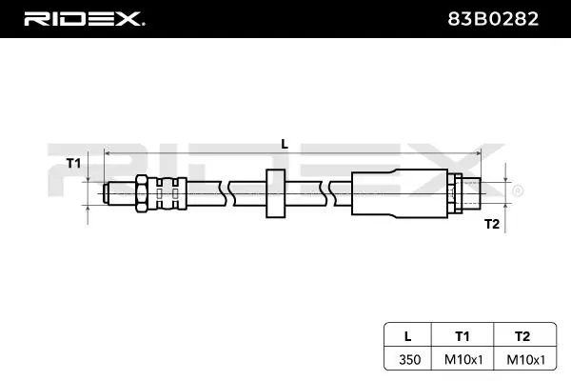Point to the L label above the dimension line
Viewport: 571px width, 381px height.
284,143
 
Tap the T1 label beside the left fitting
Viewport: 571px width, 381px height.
72,164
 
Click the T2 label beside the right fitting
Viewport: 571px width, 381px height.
491,224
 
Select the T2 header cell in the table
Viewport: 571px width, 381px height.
520,334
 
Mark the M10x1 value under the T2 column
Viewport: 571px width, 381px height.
520,360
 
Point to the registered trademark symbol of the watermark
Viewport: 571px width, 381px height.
517,191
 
